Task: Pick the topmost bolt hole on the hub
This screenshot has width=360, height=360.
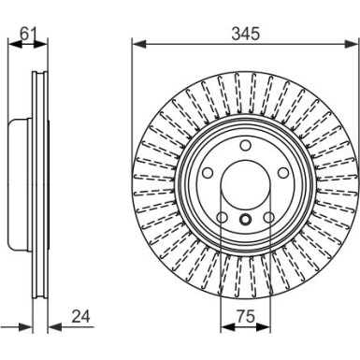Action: click(244, 145)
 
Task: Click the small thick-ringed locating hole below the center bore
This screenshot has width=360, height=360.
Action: click(245, 221)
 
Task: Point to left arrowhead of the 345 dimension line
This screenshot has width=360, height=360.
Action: click(137, 44)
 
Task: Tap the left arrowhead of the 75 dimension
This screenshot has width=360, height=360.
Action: click(224, 330)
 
